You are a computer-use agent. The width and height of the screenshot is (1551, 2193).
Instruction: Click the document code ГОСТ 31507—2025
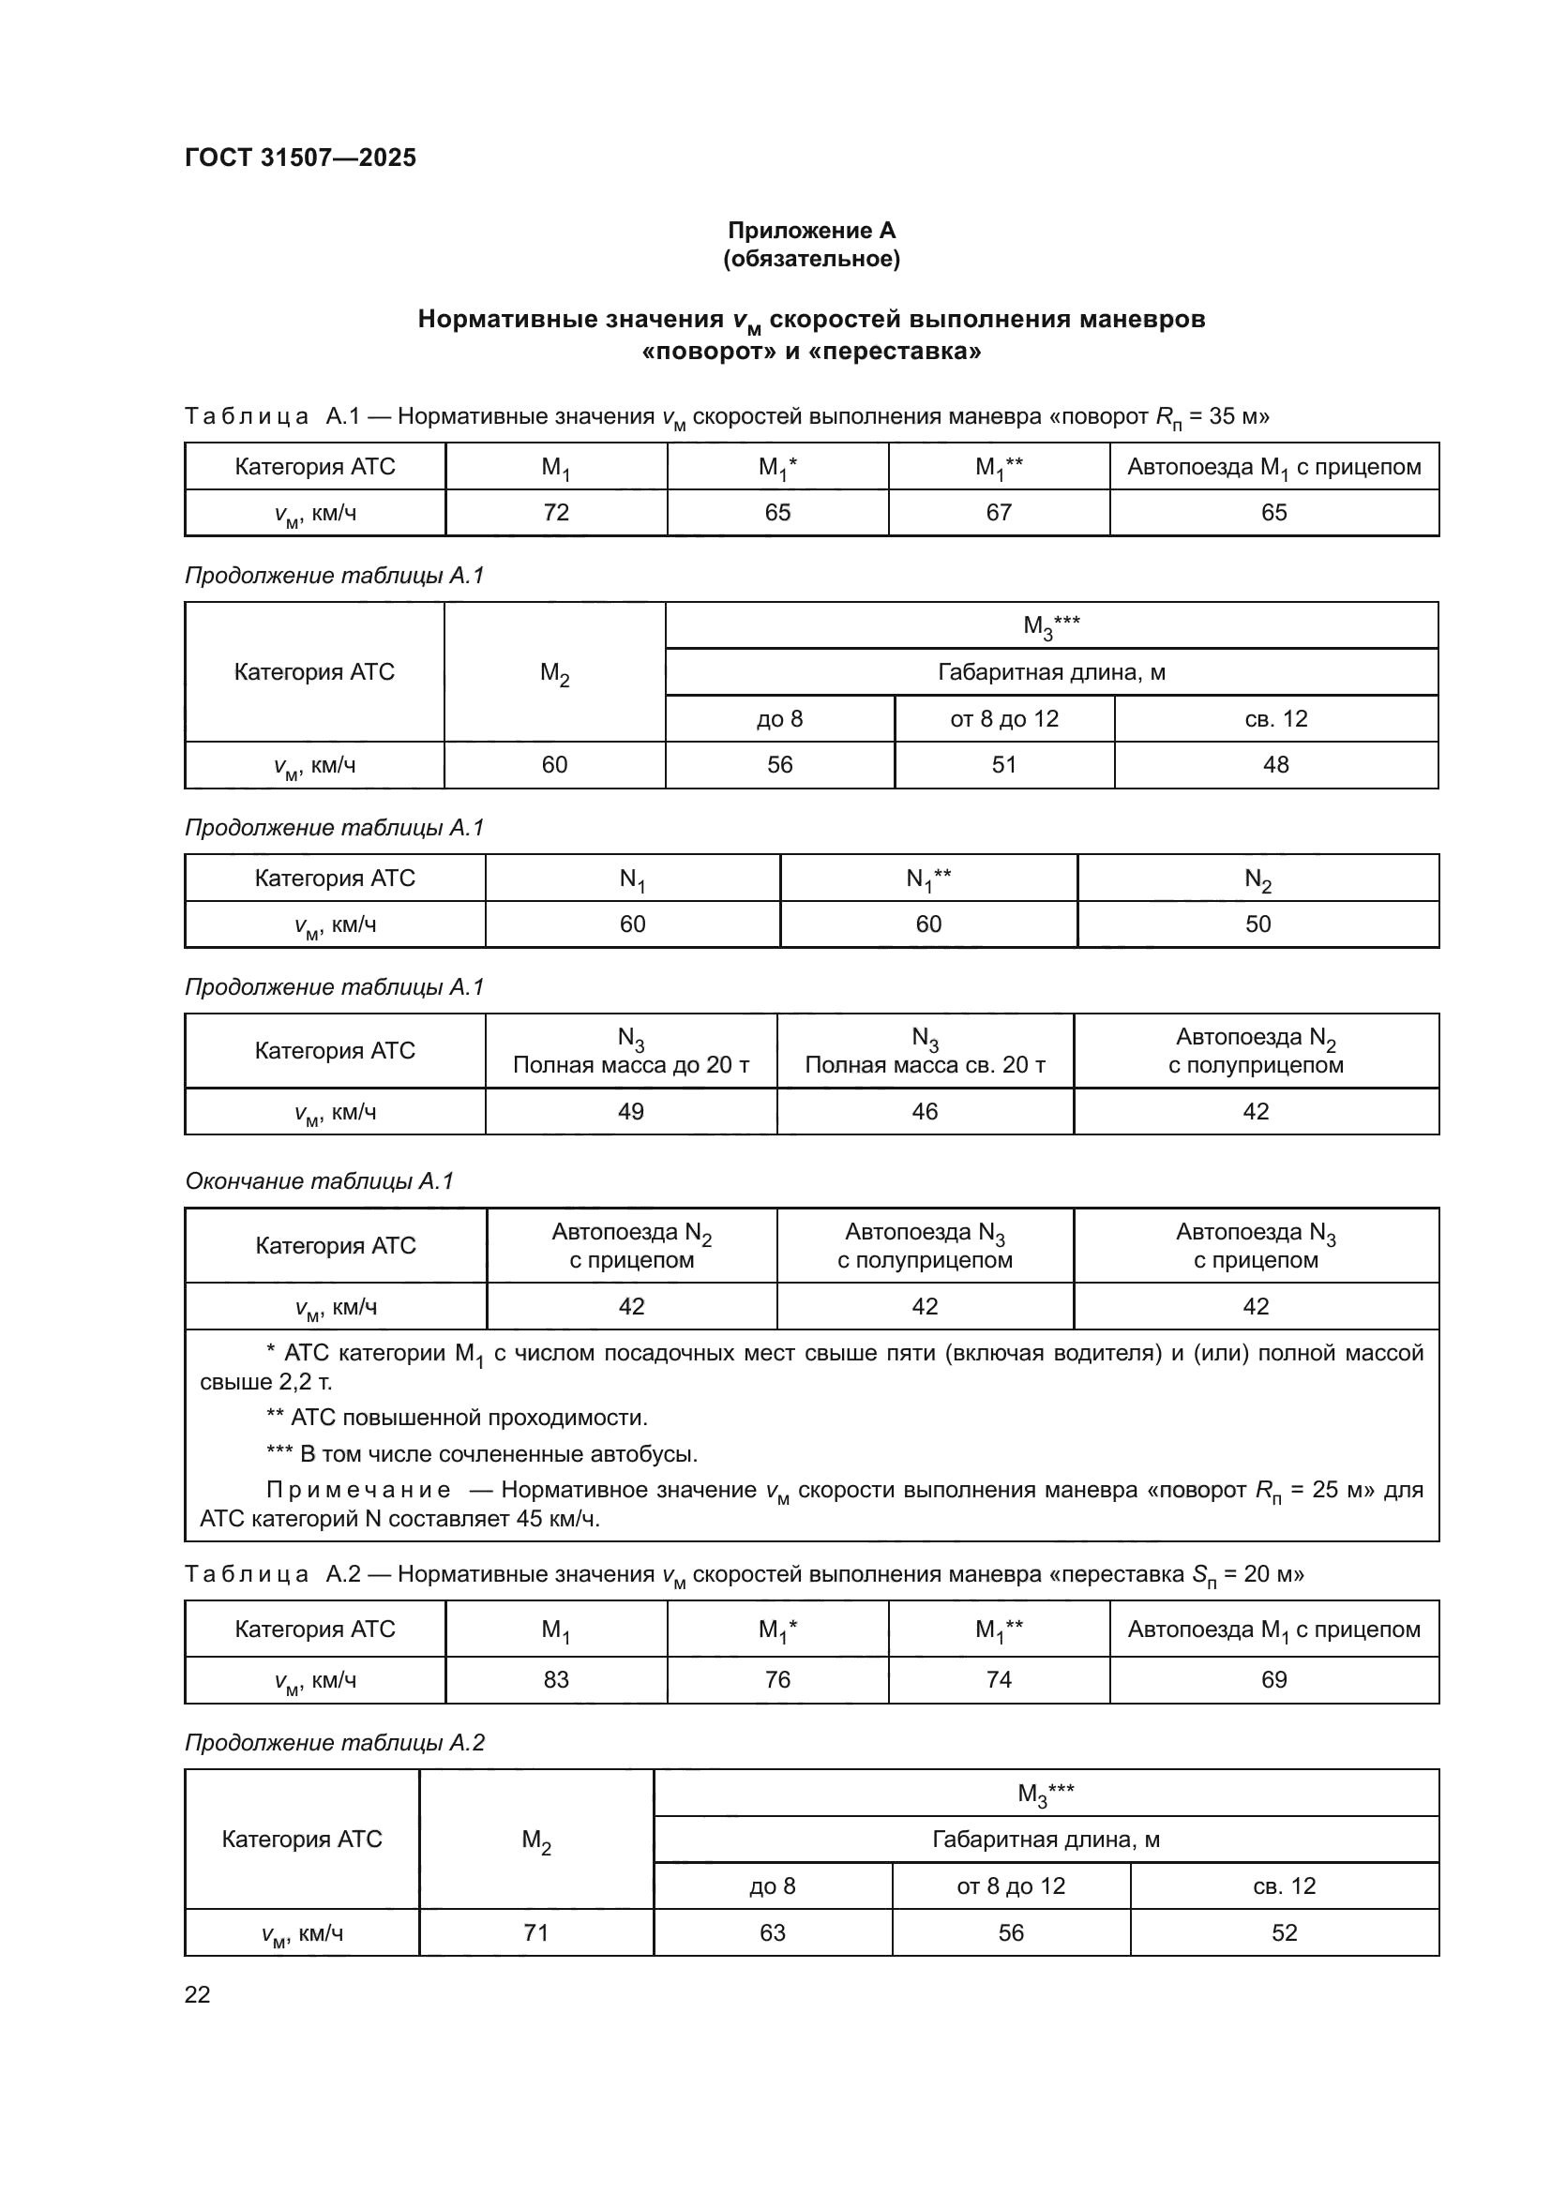pos(301,158)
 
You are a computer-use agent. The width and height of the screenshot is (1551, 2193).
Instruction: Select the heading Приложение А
pos(811,231)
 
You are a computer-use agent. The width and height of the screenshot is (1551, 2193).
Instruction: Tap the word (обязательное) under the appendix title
pos(811,259)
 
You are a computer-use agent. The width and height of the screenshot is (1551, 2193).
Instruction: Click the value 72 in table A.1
pos(556,513)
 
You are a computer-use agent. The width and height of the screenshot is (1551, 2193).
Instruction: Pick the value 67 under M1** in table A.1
pos(999,513)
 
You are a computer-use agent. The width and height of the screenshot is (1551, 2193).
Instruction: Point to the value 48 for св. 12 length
pos(1276,765)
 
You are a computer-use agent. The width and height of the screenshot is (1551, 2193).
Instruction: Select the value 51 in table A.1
pos(1003,765)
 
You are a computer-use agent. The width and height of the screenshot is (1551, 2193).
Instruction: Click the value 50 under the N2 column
pos(1257,924)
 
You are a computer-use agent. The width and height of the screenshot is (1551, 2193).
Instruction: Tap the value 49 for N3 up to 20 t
pos(631,1112)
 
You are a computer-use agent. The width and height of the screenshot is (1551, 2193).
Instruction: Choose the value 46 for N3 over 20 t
pos(925,1112)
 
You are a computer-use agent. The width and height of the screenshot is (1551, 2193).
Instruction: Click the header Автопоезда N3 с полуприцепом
pos(925,1245)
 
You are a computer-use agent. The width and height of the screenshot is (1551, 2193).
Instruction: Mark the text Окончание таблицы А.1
pos(319,1181)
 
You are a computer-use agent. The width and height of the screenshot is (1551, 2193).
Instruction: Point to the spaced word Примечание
pos(358,1490)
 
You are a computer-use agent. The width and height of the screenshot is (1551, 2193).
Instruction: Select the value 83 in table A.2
pos(556,1680)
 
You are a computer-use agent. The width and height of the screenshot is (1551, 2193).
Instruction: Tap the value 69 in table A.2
pos(1274,1680)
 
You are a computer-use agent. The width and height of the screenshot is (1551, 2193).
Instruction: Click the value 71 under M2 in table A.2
pos(535,1933)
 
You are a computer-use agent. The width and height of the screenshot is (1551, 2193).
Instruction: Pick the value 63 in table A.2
pos(773,1933)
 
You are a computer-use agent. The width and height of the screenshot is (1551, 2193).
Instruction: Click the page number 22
pos(198,1994)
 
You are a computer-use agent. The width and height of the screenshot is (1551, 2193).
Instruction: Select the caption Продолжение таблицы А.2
pos(335,1743)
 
